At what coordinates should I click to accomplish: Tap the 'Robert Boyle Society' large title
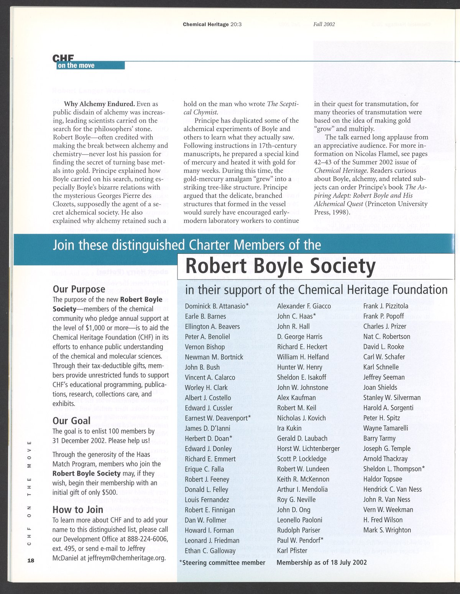point(280,267)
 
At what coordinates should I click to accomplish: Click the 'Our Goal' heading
point(71,421)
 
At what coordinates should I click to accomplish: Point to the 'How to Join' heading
point(78,510)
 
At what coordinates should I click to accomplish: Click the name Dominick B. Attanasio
point(217,306)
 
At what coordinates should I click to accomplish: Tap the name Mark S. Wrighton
point(387,530)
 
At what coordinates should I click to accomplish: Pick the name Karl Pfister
point(292,551)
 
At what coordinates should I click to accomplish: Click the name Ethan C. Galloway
point(210,551)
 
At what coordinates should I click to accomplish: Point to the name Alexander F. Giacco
point(304,306)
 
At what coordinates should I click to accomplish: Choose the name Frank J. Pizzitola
point(386,306)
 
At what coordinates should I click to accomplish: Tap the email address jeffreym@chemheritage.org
point(125,558)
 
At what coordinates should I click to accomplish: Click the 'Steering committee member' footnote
point(222,563)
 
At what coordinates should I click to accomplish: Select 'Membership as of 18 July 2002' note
point(321,563)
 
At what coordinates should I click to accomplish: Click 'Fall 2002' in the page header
point(324,24)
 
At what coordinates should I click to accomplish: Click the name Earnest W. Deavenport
point(218,418)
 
